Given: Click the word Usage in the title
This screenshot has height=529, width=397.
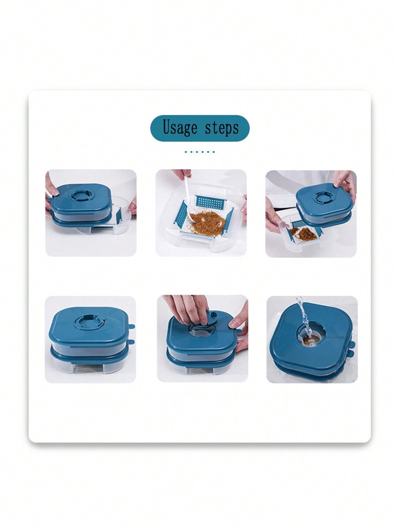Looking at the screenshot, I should tap(180, 128).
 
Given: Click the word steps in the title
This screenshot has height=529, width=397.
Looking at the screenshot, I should tap(221, 128).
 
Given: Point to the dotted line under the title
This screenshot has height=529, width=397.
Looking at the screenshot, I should tap(199, 151).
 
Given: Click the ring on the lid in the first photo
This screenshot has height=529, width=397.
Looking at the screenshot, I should tap(80, 195).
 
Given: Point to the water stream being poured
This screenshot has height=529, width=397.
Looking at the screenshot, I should tap(303, 313).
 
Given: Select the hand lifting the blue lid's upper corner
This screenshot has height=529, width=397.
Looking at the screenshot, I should tap(345, 181).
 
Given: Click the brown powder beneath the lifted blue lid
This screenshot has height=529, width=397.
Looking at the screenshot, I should tap(307, 234).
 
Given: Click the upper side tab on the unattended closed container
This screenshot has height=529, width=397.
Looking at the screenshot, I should tap(131, 327).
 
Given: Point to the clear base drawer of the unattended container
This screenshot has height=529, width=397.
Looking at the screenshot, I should tap(88, 364).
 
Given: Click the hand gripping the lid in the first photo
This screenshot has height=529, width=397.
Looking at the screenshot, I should tap(51, 190).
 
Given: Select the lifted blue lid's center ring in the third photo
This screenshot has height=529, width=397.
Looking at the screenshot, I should tap(323, 197).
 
